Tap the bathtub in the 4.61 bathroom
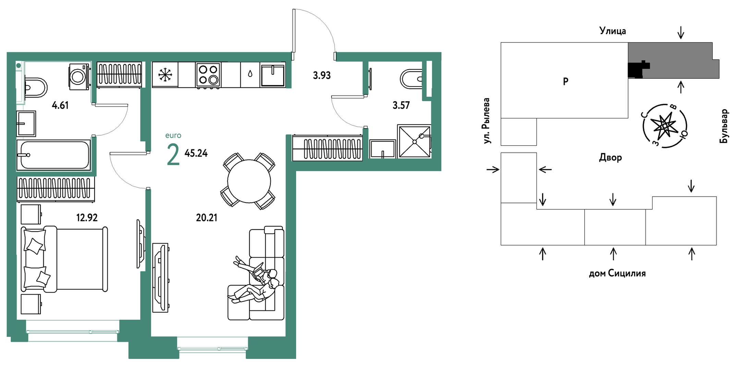click(54, 155)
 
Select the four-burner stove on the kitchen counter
click(208, 74)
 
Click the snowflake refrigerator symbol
click(165, 74)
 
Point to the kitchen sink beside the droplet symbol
click(272, 74)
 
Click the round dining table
click(249, 181)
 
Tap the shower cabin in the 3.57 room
click(414, 141)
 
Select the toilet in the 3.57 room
click(411, 79)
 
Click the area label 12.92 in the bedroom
click(87, 218)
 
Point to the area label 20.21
click(206, 218)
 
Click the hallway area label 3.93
click(322, 75)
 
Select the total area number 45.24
click(196, 153)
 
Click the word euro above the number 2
click(173, 136)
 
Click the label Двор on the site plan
click(610, 158)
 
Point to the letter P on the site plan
click(565, 82)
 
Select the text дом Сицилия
click(617, 273)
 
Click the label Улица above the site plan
click(612, 31)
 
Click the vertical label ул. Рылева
click(486, 121)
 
